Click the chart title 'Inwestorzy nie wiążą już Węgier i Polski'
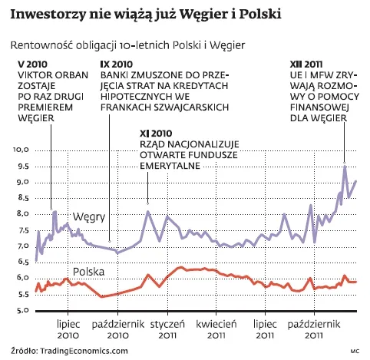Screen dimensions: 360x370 (x=145, y=15)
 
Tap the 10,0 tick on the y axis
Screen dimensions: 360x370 (x=19, y=150)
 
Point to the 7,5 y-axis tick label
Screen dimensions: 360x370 (x=20, y=230)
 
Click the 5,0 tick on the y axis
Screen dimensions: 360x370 (x=20, y=311)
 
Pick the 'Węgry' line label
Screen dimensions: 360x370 (x=90, y=218)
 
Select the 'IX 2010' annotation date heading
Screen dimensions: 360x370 (x=117, y=63)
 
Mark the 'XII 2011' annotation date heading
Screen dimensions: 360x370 (x=306, y=63)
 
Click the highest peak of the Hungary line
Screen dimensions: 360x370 (x=345, y=167)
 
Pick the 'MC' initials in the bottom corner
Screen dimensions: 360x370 (x=355, y=351)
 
